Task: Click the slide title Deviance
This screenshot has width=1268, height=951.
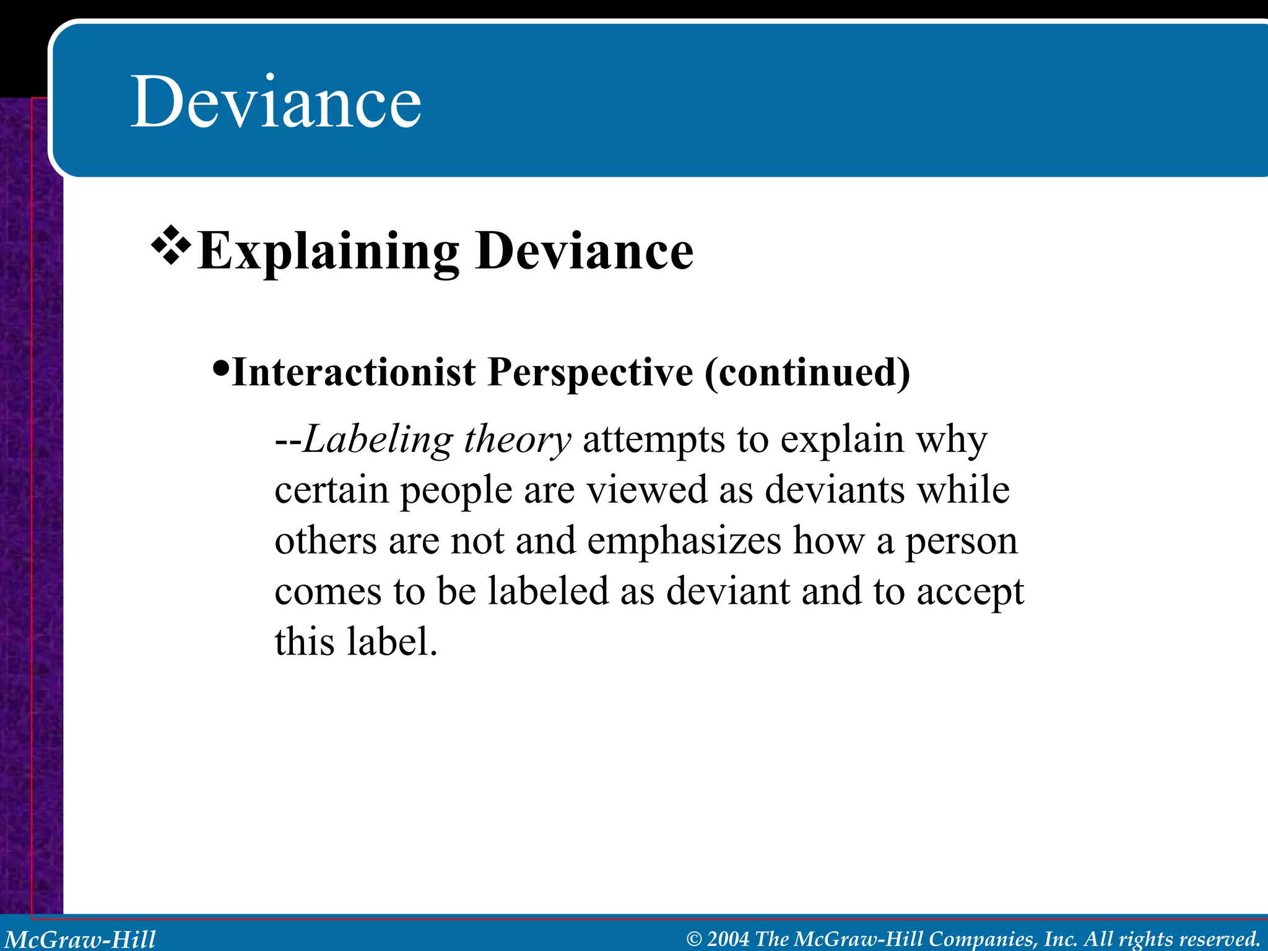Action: pyautogui.click(x=276, y=102)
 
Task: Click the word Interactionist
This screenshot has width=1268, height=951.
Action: pyautogui.click(x=354, y=373)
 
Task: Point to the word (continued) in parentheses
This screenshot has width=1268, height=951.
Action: pyautogui.click(x=807, y=373)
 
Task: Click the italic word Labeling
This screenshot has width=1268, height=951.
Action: pyautogui.click(x=378, y=441)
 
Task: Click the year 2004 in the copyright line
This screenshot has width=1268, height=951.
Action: pyautogui.click(x=728, y=939)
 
